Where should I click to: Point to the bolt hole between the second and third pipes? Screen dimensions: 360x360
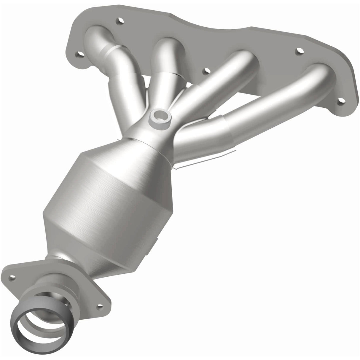coord(204,71)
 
